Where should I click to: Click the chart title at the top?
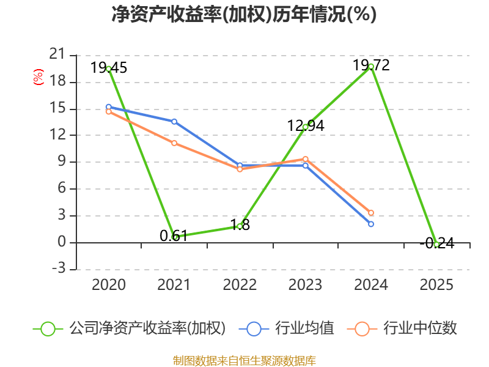pos(244,14)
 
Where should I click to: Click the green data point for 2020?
pos(108,69)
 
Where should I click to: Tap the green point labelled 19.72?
pos(371,66)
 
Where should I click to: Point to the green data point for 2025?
pos(436,244)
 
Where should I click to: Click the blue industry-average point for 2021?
pos(174,121)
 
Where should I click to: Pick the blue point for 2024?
pos(371,224)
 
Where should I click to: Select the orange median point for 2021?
pos(174,143)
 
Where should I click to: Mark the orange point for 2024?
pos(371,213)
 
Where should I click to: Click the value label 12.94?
pos(306,126)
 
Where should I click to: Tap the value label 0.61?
pos(173,235)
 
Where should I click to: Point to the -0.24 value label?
pos(436,243)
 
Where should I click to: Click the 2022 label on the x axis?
pos(240,285)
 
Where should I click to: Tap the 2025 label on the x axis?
pos(436,285)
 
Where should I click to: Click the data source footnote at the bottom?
pos(244,360)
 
